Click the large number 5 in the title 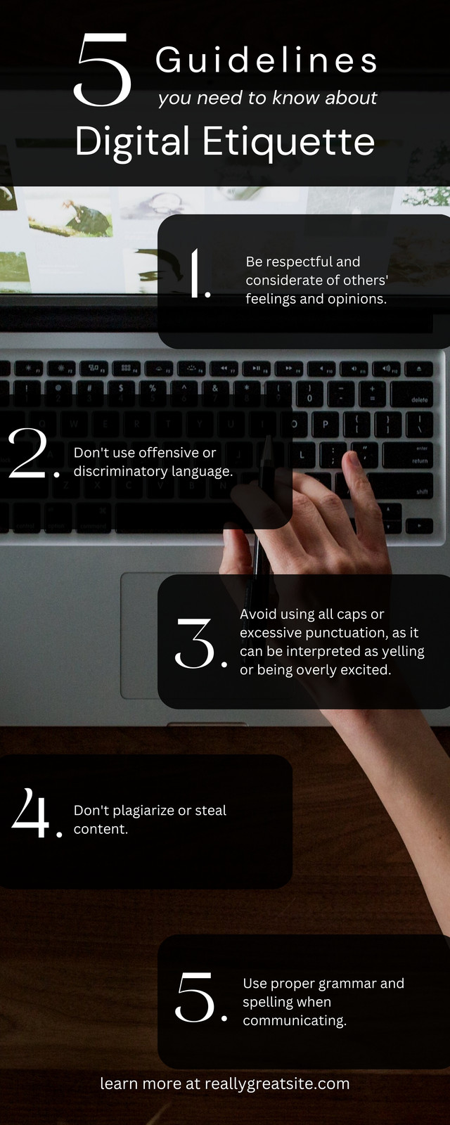(x=103, y=70)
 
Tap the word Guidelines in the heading (x=266, y=60)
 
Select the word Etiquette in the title (x=289, y=141)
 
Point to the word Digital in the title (x=132, y=143)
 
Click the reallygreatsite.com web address (x=277, y=1084)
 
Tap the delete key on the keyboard (x=412, y=394)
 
